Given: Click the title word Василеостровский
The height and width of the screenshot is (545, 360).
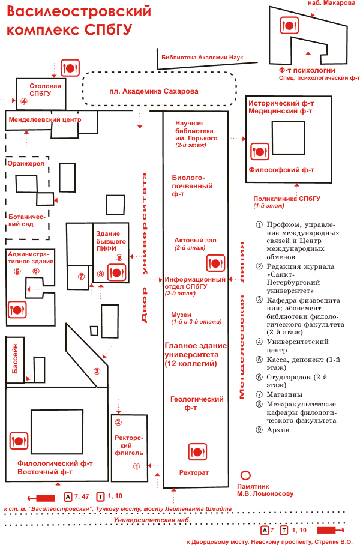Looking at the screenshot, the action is [x=79, y=12].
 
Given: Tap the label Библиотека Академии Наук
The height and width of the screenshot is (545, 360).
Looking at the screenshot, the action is [x=202, y=58].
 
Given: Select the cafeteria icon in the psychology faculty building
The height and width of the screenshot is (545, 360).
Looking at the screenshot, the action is [x=289, y=25].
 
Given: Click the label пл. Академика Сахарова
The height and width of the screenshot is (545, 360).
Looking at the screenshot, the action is [x=154, y=91].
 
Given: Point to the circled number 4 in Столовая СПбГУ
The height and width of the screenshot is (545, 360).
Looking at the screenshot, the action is [x=23, y=101].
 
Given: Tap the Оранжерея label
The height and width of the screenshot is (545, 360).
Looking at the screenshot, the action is [x=26, y=163].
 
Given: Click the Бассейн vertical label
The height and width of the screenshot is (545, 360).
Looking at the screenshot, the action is [x=15, y=359].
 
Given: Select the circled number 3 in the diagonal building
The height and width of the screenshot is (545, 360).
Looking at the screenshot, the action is [x=97, y=371].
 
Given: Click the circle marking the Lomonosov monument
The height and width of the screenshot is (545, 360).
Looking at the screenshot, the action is [x=245, y=475].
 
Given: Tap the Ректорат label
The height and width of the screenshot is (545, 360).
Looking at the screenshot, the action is [x=194, y=473].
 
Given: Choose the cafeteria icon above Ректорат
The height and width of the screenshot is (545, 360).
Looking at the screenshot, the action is [x=197, y=452].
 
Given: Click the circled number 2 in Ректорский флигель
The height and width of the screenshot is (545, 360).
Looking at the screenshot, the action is [x=118, y=423].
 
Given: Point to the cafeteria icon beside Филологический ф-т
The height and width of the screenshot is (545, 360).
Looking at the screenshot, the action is [x=19, y=441].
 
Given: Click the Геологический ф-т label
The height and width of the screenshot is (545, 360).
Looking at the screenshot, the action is [x=197, y=403].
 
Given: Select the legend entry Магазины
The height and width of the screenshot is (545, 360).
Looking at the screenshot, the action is [x=284, y=394].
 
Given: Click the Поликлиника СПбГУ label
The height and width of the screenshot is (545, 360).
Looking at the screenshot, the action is [x=287, y=199].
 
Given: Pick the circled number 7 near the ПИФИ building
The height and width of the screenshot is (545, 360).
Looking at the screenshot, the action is [x=82, y=277].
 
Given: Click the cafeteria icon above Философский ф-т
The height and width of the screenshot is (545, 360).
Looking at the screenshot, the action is [x=260, y=151].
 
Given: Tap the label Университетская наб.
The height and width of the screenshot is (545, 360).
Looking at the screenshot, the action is [x=152, y=520].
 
